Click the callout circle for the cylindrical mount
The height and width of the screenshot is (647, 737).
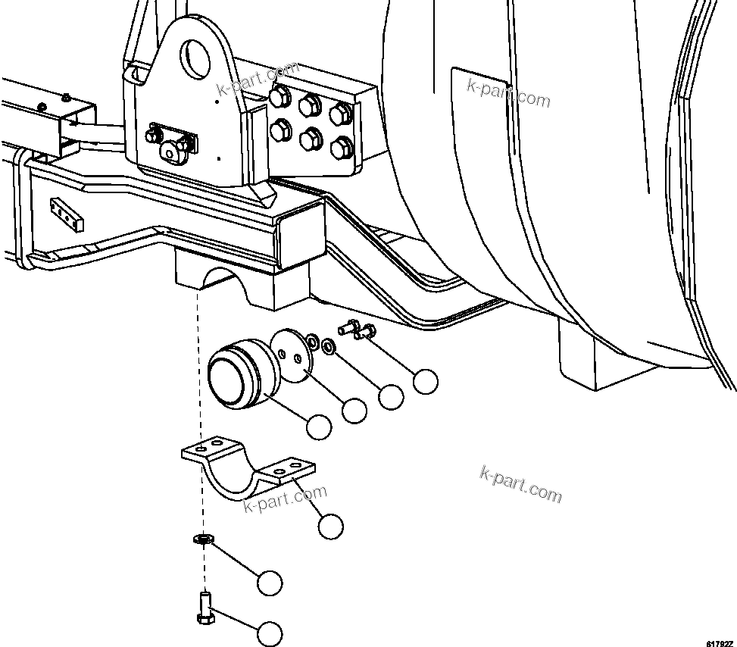click(319, 427)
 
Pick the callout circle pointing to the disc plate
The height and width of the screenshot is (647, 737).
click(354, 411)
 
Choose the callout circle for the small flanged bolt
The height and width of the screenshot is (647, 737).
click(426, 381)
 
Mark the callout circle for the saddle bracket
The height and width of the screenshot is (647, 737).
click(330, 526)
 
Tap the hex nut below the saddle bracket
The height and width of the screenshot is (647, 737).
click(202, 540)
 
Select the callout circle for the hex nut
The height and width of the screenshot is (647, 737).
click(269, 583)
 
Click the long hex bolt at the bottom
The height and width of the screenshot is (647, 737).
click(205, 607)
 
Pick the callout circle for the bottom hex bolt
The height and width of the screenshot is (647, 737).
click(269, 633)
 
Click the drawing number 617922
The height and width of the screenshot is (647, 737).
click(720, 642)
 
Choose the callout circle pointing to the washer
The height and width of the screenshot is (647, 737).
click(391, 396)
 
